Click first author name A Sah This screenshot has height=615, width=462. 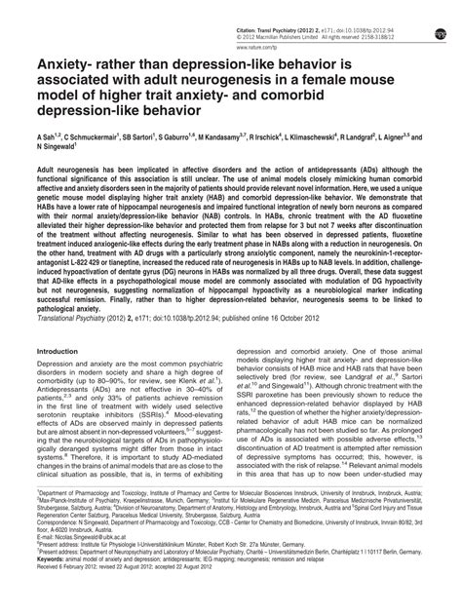click(x=46, y=139)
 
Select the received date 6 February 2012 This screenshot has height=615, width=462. click(x=83, y=604)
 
